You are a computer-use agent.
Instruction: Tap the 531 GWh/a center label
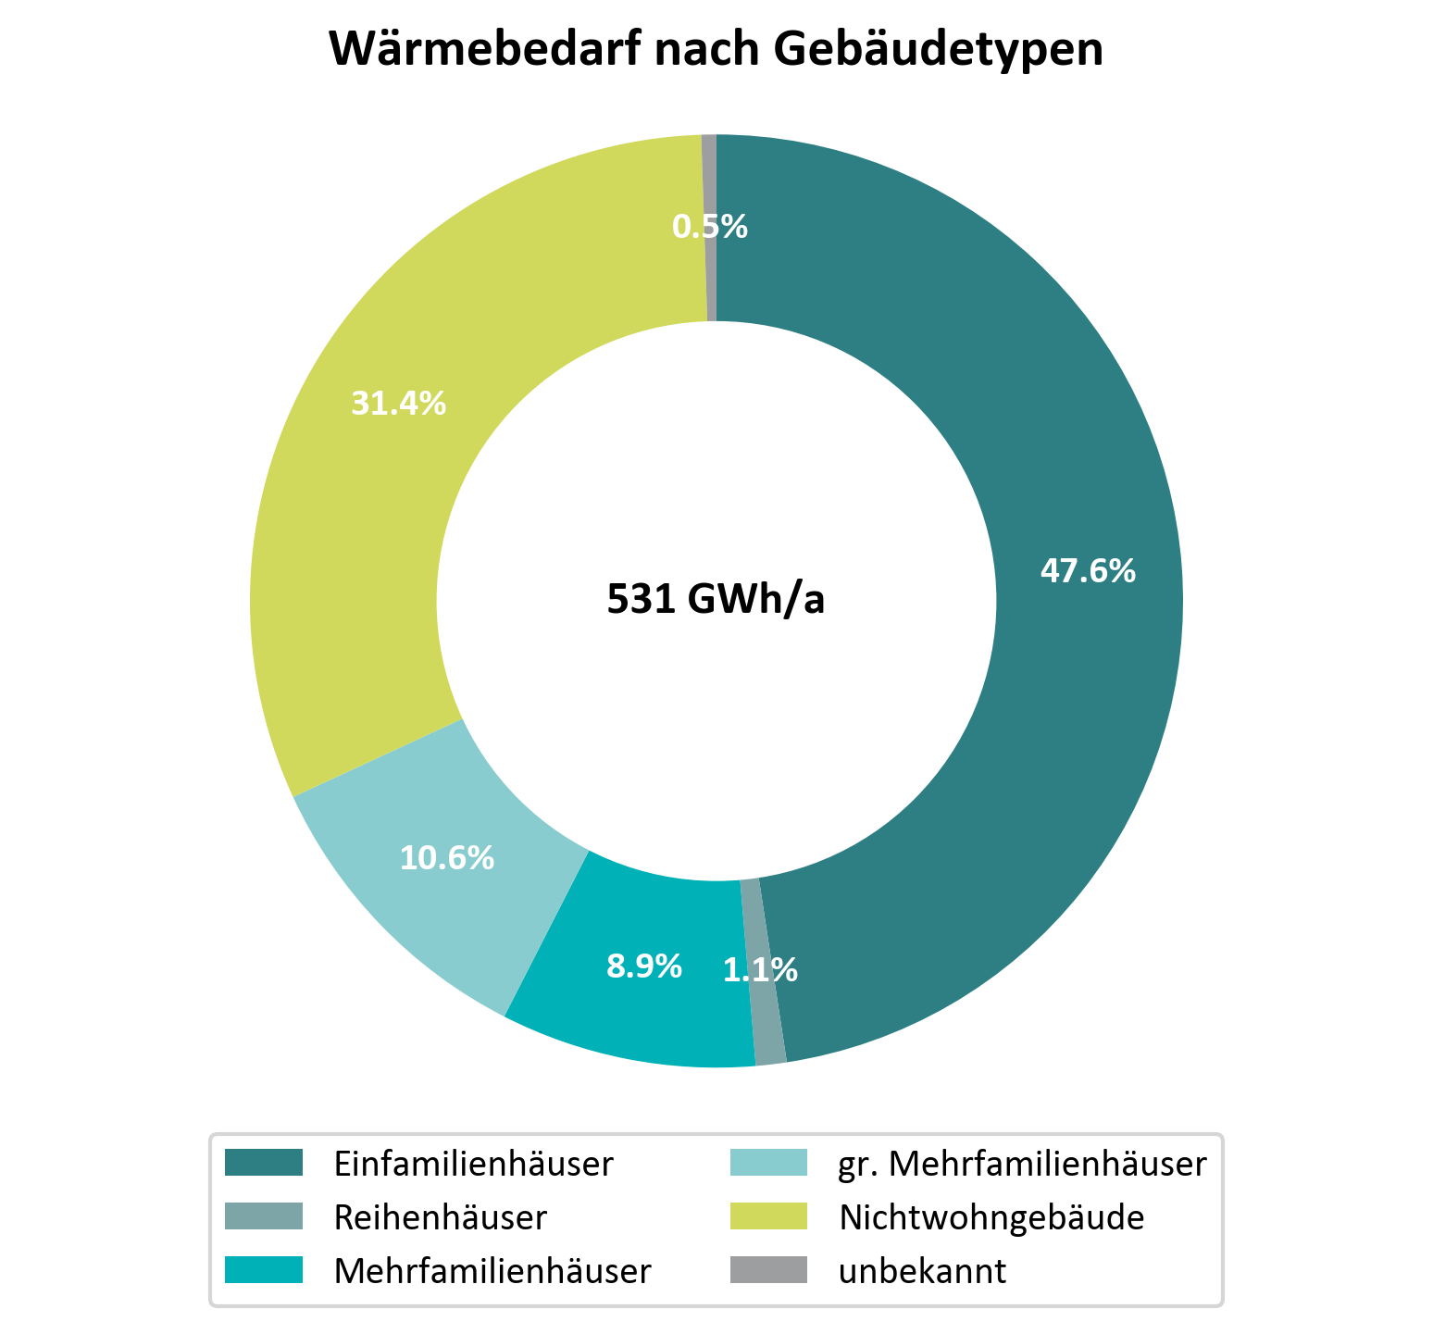click(716, 600)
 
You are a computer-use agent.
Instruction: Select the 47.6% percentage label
click(1088, 571)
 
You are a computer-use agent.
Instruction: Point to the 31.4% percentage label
click(398, 403)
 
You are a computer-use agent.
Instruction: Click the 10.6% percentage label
click(446, 858)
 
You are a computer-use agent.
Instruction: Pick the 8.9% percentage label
click(644, 966)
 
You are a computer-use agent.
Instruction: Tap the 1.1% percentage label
click(760, 970)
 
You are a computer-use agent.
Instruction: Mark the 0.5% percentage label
click(709, 227)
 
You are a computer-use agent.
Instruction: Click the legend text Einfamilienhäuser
click(473, 1164)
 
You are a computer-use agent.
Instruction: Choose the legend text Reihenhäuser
click(440, 1217)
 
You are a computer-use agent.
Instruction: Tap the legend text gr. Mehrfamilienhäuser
click(1022, 1164)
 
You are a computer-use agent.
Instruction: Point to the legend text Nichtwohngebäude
click(991, 1217)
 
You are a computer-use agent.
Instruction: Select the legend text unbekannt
click(922, 1271)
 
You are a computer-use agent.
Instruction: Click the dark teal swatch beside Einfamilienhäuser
click(264, 1163)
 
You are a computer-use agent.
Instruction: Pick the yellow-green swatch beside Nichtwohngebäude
click(767, 1216)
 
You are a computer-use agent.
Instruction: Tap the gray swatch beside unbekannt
click(767, 1270)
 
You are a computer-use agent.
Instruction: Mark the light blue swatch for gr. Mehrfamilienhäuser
click(767, 1163)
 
